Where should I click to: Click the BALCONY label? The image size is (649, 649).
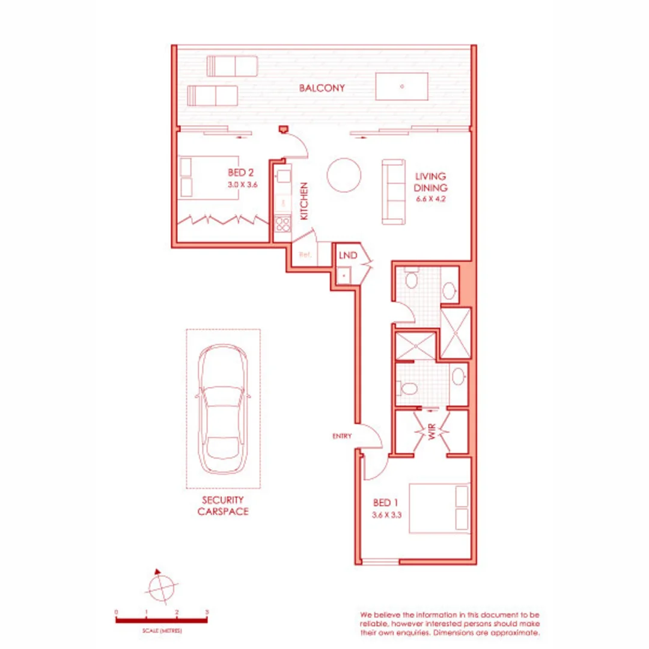coord(322,88)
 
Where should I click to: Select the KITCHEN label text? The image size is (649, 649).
coord(305,201)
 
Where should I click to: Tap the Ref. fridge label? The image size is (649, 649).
coord(304,255)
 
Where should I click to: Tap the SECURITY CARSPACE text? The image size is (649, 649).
coord(223,505)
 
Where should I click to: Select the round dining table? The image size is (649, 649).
coord(344,175)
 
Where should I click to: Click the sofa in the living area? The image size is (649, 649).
coord(394,192)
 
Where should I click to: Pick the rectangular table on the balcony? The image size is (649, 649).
coord(403,86)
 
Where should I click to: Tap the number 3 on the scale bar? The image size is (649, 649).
coord(207,612)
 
